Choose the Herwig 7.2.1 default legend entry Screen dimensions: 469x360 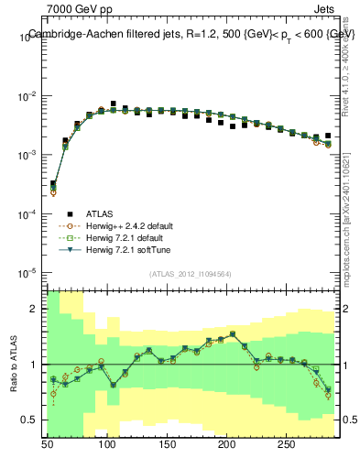(x=119, y=237)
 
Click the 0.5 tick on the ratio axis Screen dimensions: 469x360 (x=32, y=420)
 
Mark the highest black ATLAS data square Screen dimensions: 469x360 (x=114, y=104)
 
